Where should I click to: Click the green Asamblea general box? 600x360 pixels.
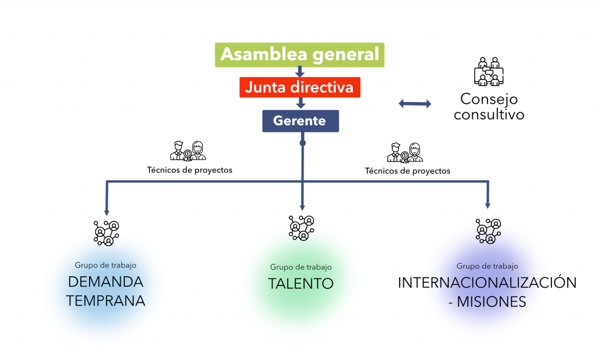coord(299,55)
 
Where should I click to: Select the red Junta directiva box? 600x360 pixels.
coord(299,87)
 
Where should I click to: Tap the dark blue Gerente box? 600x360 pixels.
coord(300,121)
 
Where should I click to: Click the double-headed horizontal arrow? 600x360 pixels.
coord(415,104)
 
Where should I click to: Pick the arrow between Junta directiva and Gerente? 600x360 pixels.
coord(301,104)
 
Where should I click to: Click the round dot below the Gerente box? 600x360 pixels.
coord(302,143)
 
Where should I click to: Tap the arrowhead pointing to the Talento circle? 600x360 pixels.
coord(302,207)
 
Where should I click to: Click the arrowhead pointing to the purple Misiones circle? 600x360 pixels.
coord(488,205)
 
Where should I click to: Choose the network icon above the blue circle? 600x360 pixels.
coord(107,236)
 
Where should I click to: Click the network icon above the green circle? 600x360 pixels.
coord(301,230)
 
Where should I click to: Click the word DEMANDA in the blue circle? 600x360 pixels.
coord(105,282)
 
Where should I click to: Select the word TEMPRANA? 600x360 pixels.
coord(105,301)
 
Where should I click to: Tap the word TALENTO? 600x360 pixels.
coord(301,284)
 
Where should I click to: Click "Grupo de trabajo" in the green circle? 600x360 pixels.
coord(301,267)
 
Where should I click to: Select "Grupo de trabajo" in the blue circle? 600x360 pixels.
coord(105,265)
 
